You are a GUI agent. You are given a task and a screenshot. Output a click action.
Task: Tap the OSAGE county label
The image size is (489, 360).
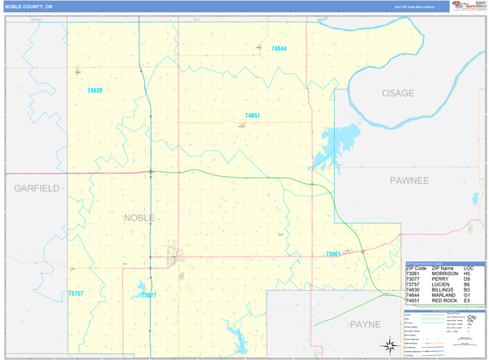point(398,94)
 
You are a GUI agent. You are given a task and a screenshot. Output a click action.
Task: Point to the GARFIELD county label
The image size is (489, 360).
point(36,187)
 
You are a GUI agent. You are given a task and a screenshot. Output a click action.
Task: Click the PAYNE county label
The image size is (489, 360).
point(364,323)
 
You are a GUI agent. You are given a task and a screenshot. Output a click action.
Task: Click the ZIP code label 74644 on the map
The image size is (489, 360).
point(278,49)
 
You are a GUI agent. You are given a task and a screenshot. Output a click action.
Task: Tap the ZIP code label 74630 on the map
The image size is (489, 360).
point(95,90)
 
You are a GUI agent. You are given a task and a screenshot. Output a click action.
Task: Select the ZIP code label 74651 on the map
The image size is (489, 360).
point(252,116)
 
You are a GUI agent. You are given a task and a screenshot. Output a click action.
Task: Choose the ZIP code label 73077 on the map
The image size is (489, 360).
point(148,296)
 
